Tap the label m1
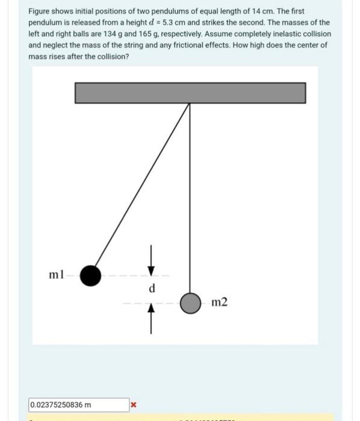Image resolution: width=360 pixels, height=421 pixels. point(56,275)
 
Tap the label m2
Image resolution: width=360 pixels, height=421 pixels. point(220,301)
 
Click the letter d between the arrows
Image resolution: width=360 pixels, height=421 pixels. point(152,288)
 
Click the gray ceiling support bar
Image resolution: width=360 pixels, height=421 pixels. point(190,93)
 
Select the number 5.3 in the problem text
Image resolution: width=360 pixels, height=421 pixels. point(178,23)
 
